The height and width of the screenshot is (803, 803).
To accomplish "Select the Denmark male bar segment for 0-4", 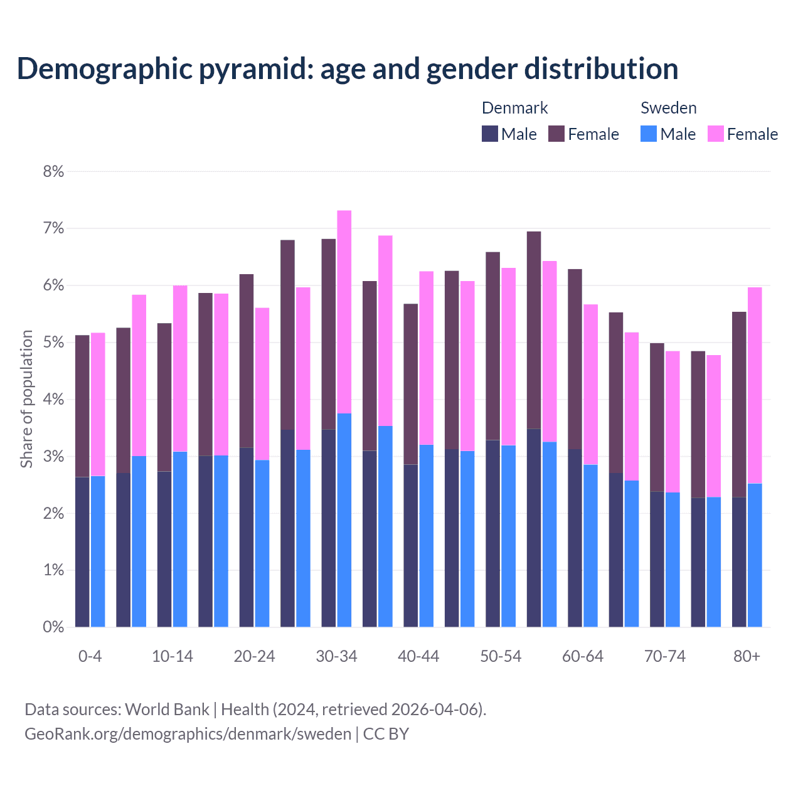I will click(x=82, y=552).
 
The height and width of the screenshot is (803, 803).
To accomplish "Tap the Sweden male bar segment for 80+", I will click(x=755, y=555).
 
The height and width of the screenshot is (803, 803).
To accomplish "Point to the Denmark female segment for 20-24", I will click(x=247, y=361).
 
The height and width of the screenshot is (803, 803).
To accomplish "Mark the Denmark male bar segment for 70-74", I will click(x=657, y=559).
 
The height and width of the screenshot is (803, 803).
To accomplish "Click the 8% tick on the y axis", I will click(x=53, y=171).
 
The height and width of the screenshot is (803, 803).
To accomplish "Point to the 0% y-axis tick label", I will click(x=53, y=627).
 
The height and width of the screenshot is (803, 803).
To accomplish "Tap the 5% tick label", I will click(x=53, y=343).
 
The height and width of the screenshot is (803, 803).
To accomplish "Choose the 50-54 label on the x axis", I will click(x=501, y=656).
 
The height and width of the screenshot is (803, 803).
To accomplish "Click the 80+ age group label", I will click(x=747, y=656).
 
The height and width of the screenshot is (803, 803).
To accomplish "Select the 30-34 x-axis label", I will click(x=336, y=656).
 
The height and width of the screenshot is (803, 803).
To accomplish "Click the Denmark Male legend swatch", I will click(x=490, y=134).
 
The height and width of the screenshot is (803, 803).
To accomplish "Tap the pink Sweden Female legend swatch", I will click(x=715, y=134).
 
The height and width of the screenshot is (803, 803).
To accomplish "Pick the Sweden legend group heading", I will click(x=668, y=108).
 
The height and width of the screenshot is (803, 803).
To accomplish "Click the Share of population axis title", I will click(x=26, y=399).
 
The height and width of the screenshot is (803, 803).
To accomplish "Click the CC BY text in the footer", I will click(x=386, y=733).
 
